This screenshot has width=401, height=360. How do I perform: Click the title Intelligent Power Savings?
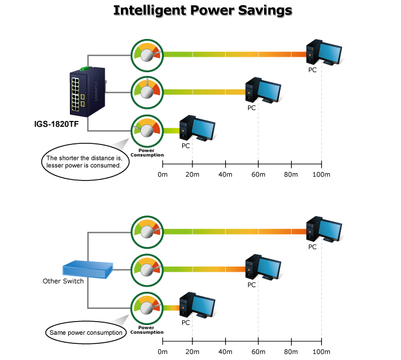click(203, 11)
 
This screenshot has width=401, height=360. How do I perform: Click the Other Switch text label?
click(64, 281)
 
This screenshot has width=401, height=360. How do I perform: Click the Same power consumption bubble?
click(84, 332)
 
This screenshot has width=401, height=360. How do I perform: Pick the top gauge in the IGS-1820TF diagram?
click(147, 54)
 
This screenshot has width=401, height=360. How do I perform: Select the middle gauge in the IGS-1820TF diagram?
click(147, 91)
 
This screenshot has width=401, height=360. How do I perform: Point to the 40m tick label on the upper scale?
click(225, 174)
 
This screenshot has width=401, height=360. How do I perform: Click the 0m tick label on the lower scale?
click(163, 351)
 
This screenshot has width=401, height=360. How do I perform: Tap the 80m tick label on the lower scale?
click(291, 351)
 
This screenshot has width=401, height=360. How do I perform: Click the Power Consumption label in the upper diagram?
click(147, 153)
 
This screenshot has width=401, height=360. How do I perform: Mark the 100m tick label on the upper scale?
click(322, 174)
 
